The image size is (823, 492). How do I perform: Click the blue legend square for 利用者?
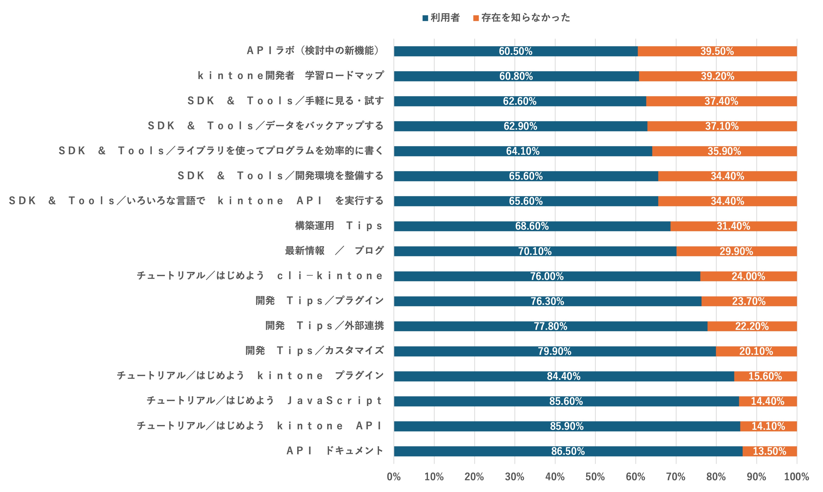(x=425, y=18)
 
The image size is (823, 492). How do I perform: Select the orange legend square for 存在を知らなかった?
(x=476, y=18)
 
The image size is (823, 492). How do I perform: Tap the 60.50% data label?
(x=515, y=51)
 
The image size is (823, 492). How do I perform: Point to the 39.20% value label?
(x=717, y=76)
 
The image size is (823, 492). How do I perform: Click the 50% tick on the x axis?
(x=595, y=477)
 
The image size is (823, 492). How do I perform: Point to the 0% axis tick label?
(x=394, y=477)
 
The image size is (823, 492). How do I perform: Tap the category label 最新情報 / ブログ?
(x=334, y=251)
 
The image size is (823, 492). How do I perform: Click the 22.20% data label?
(x=752, y=326)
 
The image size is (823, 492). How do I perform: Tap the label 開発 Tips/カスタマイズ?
(x=314, y=351)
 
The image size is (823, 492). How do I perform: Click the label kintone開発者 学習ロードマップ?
(x=291, y=76)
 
